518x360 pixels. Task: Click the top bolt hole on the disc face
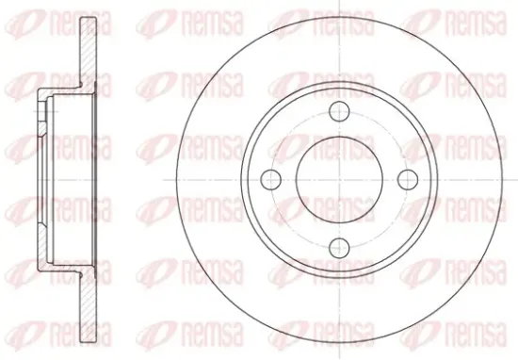click(339, 111)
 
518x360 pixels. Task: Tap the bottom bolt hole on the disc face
click(340, 248)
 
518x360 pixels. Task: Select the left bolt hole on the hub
click(271, 179)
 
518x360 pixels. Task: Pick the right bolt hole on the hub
click(408, 179)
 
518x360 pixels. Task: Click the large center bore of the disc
click(339, 179)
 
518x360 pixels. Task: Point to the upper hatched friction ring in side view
click(89, 53)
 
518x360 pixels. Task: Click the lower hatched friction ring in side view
click(89, 307)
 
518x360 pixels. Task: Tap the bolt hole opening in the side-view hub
click(41, 112)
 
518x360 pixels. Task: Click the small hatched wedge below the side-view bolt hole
click(41, 129)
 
